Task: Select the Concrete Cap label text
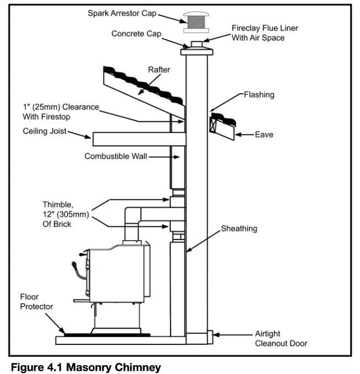coord(136,34)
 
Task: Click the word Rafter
coord(159,70)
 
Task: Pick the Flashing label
coord(259,95)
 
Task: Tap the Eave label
coord(264,134)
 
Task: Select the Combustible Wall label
coord(115,156)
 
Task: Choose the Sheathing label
coord(239,228)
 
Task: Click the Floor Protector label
coord(37,301)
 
